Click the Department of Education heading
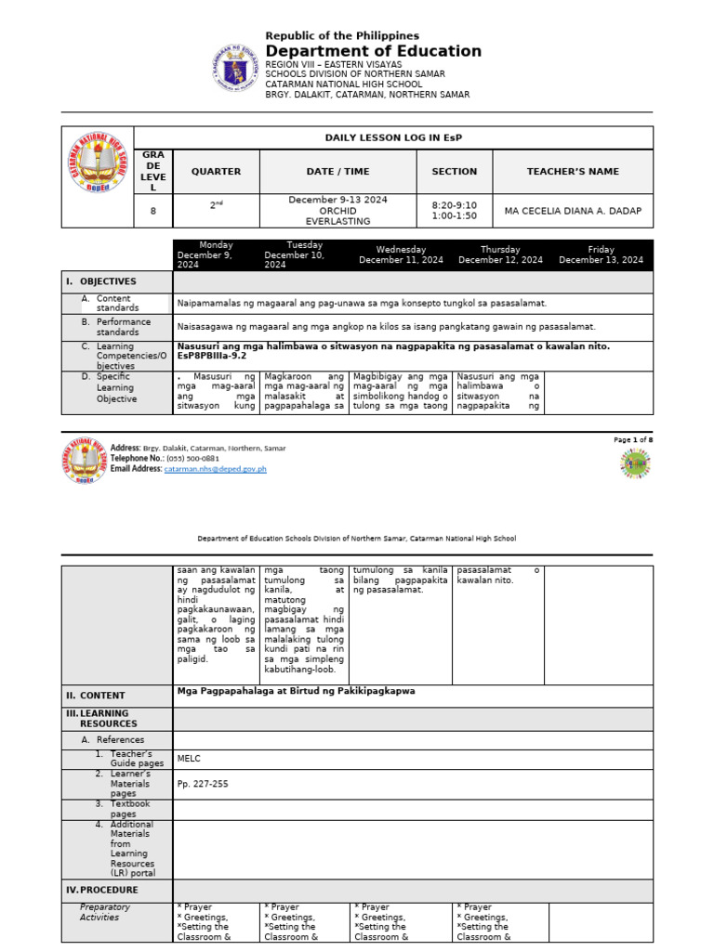[x=373, y=52]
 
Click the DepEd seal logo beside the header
[x=236, y=68]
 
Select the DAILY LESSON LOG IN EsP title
[x=392, y=137]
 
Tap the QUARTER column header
[x=216, y=172]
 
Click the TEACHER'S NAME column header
[x=572, y=172]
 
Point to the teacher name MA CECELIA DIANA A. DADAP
[x=572, y=211]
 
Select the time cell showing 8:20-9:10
[x=454, y=205]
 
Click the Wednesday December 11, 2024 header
[x=401, y=254]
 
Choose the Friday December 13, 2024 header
[x=601, y=254]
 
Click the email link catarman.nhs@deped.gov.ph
[x=215, y=469]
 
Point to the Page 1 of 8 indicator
[x=633, y=439]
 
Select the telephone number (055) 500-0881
[x=193, y=459]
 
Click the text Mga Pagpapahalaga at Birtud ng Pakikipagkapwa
[x=296, y=691]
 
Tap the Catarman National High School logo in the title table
[x=97, y=176]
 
